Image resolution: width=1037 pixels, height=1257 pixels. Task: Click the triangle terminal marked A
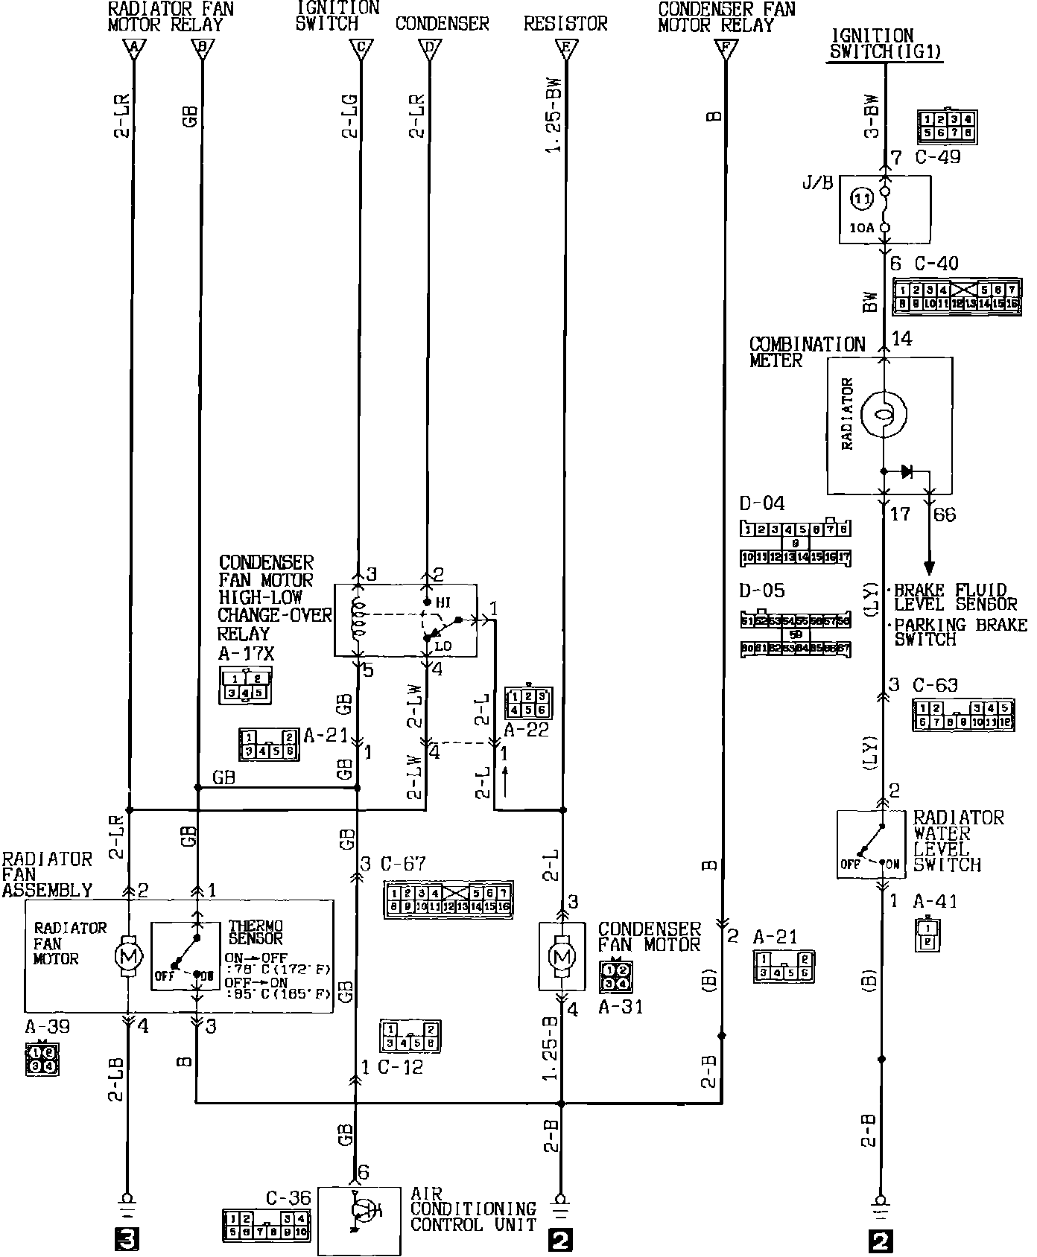click(134, 49)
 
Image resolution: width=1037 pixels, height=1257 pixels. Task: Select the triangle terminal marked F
click(725, 49)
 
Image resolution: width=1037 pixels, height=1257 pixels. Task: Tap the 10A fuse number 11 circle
click(861, 200)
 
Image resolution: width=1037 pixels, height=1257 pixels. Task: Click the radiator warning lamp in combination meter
click(884, 413)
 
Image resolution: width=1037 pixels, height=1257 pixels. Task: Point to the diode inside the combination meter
click(907, 471)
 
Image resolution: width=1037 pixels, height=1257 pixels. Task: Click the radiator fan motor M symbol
click(129, 955)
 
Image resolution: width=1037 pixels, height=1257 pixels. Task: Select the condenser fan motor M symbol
click(562, 955)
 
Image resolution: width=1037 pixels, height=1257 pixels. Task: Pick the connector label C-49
click(938, 157)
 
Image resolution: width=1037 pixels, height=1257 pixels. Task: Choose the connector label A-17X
click(246, 654)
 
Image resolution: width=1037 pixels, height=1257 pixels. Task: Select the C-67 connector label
click(403, 865)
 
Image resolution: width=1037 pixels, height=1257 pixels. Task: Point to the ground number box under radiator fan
click(127, 1240)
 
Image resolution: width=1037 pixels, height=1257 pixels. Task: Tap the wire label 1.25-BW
click(553, 115)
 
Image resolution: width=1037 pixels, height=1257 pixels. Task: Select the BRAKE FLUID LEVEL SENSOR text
click(955, 596)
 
